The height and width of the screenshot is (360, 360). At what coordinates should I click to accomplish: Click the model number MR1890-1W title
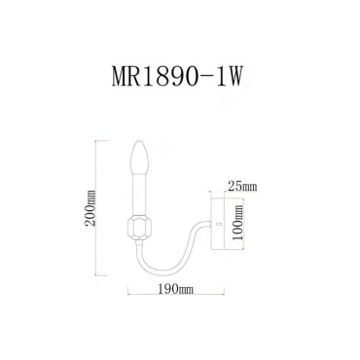(x=177, y=77)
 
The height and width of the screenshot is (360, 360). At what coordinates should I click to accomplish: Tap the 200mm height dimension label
(x=90, y=208)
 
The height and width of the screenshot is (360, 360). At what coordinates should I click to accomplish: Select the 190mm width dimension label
(x=175, y=288)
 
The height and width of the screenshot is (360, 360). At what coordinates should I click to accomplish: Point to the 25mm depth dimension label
(x=242, y=187)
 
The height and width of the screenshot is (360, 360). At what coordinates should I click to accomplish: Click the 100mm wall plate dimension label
(x=238, y=222)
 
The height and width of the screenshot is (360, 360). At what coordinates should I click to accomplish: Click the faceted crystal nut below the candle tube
(x=139, y=229)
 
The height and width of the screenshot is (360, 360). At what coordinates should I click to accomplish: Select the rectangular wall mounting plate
(x=217, y=224)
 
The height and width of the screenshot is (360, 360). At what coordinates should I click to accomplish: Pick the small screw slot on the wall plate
(x=218, y=224)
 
